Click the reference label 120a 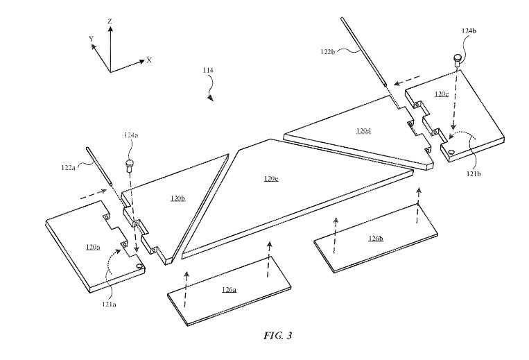point(92,246)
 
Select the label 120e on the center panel point(271,179)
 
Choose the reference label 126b point(375,238)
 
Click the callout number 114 point(208,71)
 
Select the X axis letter point(149,60)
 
